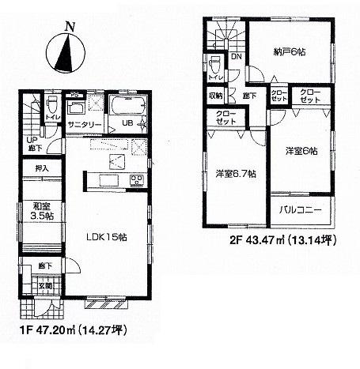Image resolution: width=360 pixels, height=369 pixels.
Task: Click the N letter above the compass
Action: (x=70, y=25)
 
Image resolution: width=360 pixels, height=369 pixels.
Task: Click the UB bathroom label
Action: (x=126, y=123)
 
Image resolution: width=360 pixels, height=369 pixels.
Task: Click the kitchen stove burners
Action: (x=135, y=181)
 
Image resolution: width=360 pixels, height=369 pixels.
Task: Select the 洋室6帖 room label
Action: (x=302, y=151)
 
